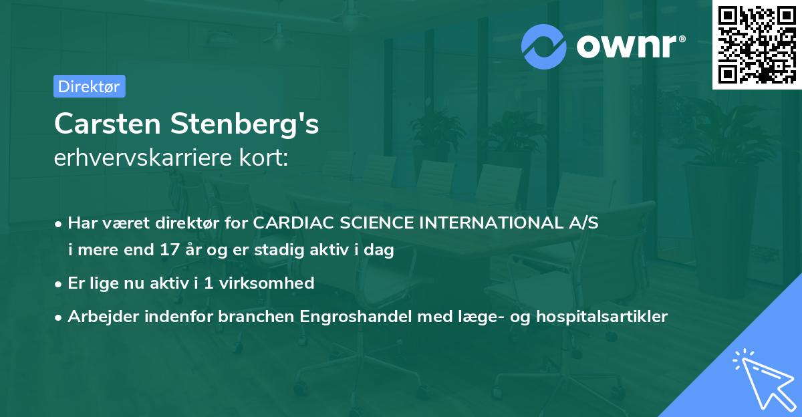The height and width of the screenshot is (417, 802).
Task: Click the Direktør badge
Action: click(89, 86)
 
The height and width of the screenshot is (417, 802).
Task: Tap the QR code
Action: click(756, 44)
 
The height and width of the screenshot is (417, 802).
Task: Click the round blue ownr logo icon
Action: click(544, 46)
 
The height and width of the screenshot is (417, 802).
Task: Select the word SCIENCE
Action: click(375, 223)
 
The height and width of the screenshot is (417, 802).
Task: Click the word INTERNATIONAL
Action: click(491, 223)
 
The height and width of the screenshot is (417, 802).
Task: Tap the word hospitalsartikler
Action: click(607, 317)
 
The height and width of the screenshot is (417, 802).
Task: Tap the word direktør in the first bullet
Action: click(190, 223)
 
